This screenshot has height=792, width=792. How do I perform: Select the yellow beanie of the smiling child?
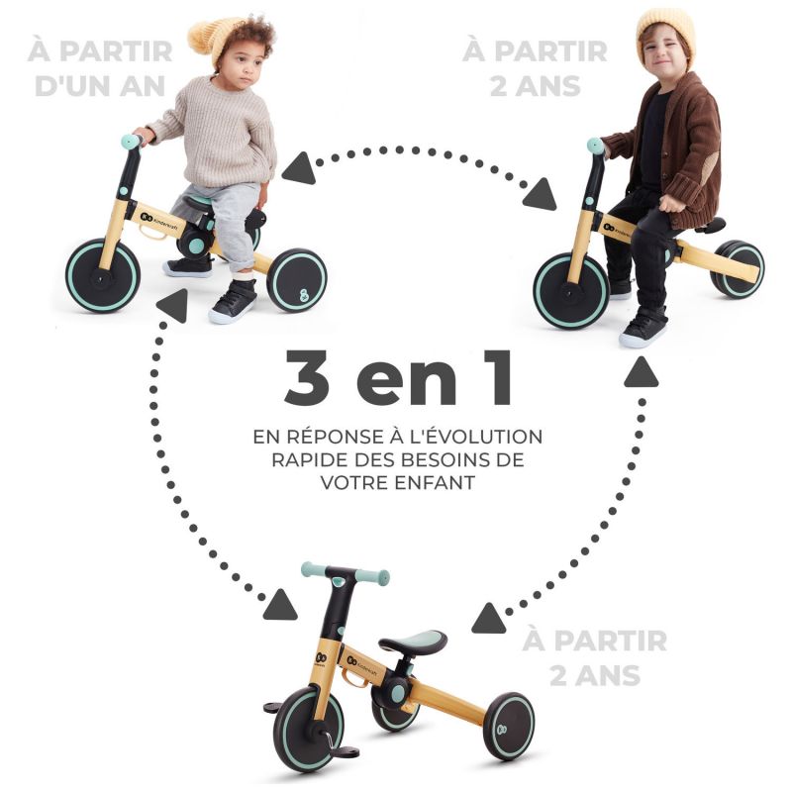coord(664,30)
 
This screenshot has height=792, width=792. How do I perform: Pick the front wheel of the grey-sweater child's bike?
coord(102,275)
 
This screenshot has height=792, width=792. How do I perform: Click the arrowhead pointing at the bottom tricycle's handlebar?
coord(280,604)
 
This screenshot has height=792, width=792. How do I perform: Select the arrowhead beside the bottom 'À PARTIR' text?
coord(488,620)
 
